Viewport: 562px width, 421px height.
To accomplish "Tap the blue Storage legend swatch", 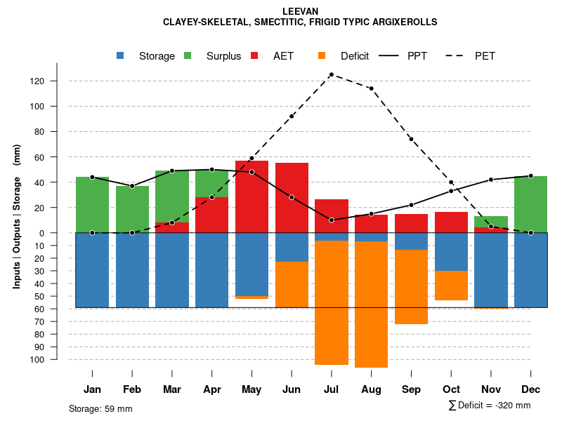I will (121, 55).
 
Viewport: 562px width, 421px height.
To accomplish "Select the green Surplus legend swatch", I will (188, 55).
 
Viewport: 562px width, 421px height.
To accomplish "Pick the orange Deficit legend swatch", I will (322, 55).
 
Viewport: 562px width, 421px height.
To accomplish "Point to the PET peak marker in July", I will (332, 74).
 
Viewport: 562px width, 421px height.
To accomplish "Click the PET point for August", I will (371, 88).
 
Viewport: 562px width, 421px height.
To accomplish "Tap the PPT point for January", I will (92, 177).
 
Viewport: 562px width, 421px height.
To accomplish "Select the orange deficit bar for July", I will (332, 302).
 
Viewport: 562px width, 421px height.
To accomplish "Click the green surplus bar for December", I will (530, 203).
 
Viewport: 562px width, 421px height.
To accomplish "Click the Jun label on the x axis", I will (292, 389).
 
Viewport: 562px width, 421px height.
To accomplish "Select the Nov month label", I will (491, 389).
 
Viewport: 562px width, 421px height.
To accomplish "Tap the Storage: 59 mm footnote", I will (100, 408).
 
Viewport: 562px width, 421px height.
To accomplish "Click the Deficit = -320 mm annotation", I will (490, 406).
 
